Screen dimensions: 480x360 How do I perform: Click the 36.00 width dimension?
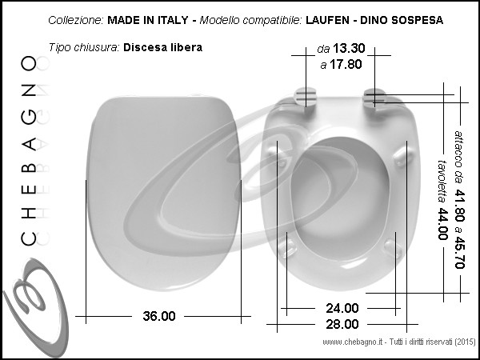(159, 316)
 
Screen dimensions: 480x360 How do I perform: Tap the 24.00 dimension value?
(342, 308)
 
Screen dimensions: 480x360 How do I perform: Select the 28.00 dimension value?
(342, 324)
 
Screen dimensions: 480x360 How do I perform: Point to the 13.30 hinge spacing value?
(349, 48)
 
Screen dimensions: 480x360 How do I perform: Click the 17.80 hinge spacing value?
(346, 64)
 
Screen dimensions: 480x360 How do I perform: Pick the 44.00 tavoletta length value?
(442, 224)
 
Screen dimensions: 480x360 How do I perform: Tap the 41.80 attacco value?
(459, 205)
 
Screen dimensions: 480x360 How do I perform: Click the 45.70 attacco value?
(459, 253)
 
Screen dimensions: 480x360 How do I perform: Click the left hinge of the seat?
(306, 97)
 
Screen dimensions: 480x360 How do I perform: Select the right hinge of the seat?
(374, 98)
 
